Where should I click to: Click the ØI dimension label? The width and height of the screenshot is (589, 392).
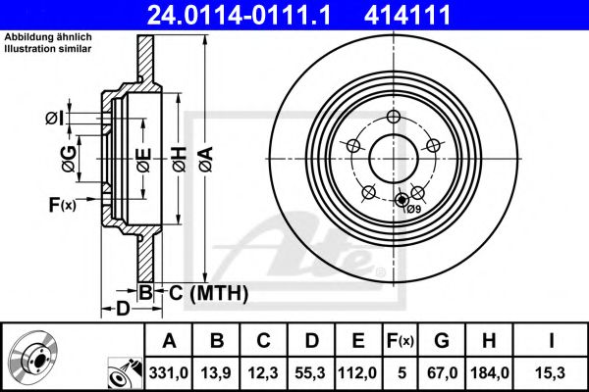(x=55, y=120)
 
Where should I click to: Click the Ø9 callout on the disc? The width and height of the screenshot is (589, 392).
(x=414, y=209)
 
